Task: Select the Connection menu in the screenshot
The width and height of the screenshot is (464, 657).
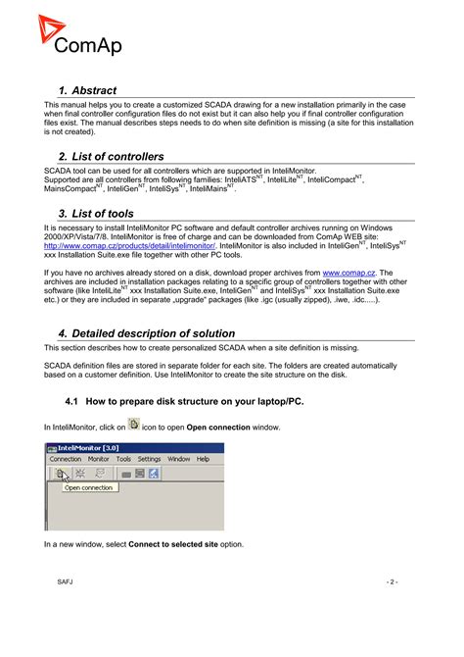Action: (66, 459)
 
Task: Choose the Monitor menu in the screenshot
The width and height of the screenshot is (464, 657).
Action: (99, 459)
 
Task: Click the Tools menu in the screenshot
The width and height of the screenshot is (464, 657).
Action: (124, 459)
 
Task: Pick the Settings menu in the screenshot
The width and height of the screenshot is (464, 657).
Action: (150, 459)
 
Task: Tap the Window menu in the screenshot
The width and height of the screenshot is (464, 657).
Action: (178, 459)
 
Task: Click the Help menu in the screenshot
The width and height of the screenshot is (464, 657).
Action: (203, 459)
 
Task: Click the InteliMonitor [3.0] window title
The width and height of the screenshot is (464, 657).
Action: (91, 448)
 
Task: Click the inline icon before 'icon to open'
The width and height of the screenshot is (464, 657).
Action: (134, 426)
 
